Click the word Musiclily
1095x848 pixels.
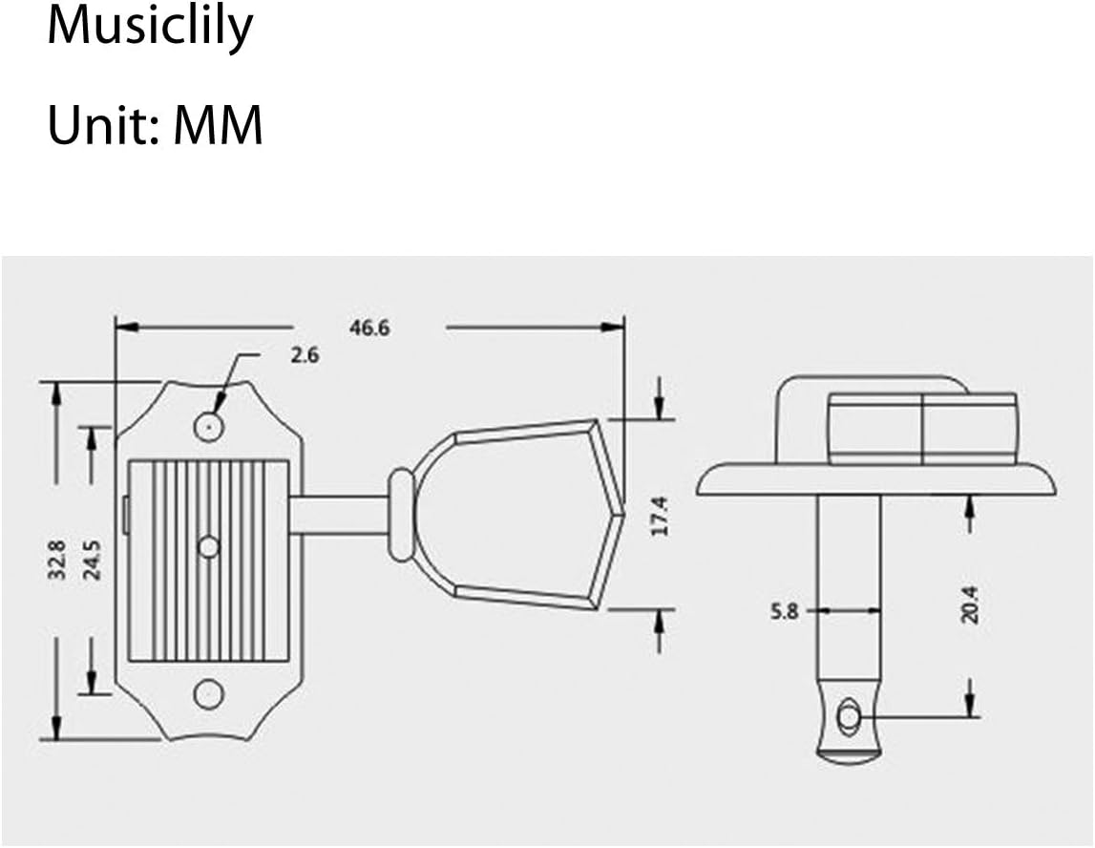click(x=150, y=28)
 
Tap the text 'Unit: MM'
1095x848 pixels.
click(x=155, y=125)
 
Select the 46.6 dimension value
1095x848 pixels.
click(x=369, y=328)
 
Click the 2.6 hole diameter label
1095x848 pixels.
click(x=305, y=355)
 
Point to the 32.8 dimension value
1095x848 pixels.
click(x=56, y=560)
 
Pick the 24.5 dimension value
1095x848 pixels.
click(x=92, y=560)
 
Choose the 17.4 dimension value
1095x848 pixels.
click(x=660, y=517)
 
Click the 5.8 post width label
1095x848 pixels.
click(x=784, y=611)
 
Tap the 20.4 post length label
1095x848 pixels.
click(x=970, y=604)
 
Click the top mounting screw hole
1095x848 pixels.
click(x=208, y=425)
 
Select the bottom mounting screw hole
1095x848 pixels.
click(x=208, y=694)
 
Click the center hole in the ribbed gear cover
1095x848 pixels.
click(x=208, y=546)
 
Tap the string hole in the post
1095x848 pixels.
click(x=848, y=717)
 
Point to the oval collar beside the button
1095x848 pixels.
click(x=401, y=515)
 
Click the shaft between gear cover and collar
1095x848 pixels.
click(x=339, y=516)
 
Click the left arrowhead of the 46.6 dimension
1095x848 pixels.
click(x=127, y=327)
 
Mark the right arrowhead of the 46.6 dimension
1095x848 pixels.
click(x=613, y=327)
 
